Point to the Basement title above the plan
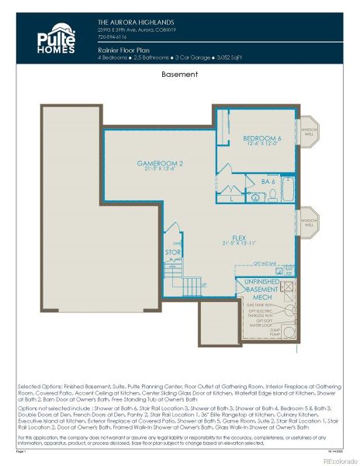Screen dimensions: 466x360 point(179,75)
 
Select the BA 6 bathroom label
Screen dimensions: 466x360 point(268,181)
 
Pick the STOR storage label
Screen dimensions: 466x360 point(173,253)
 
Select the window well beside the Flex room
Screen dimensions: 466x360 point(309,221)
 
